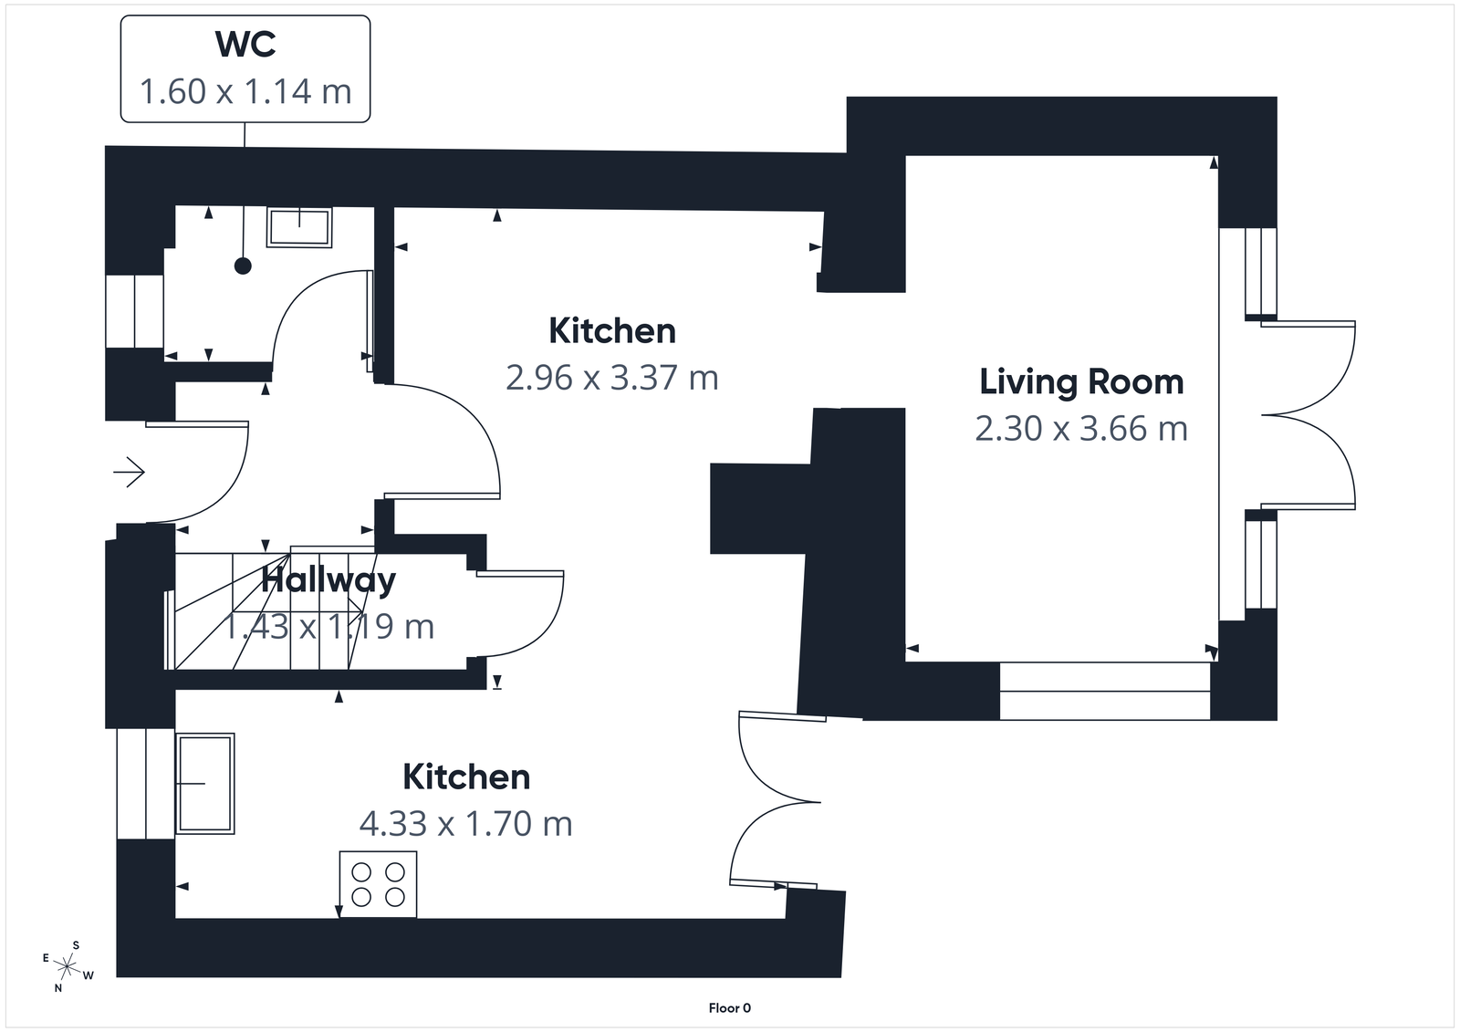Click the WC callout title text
pyautogui.click(x=245, y=44)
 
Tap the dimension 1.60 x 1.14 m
pyautogui.click(x=245, y=91)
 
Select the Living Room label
pyautogui.click(x=1081, y=381)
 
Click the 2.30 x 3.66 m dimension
pyautogui.click(x=1081, y=428)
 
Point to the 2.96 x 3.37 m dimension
pyautogui.click(x=612, y=377)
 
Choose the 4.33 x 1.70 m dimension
pyautogui.click(x=466, y=823)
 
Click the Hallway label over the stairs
pyautogui.click(x=328, y=580)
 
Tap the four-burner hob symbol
pyautogui.click(x=378, y=884)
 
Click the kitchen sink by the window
pyautogui.click(x=205, y=783)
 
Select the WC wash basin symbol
pyautogui.click(x=298, y=227)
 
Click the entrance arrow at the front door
pyautogui.click(x=129, y=473)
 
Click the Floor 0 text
pyautogui.click(x=729, y=1008)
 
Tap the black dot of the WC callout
pyautogui.click(x=243, y=266)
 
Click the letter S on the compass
pyautogui.click(x=77, y=945)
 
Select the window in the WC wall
pyautogui.click(x=134, y=310)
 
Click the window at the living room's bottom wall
pyautogui.click(x=1104, y=691)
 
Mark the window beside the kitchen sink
pyautogui.click(x=144, y=783)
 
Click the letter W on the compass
pyautogui.click(x=89, y=975)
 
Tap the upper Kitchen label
pyautogui.click(x=612, y=330)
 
